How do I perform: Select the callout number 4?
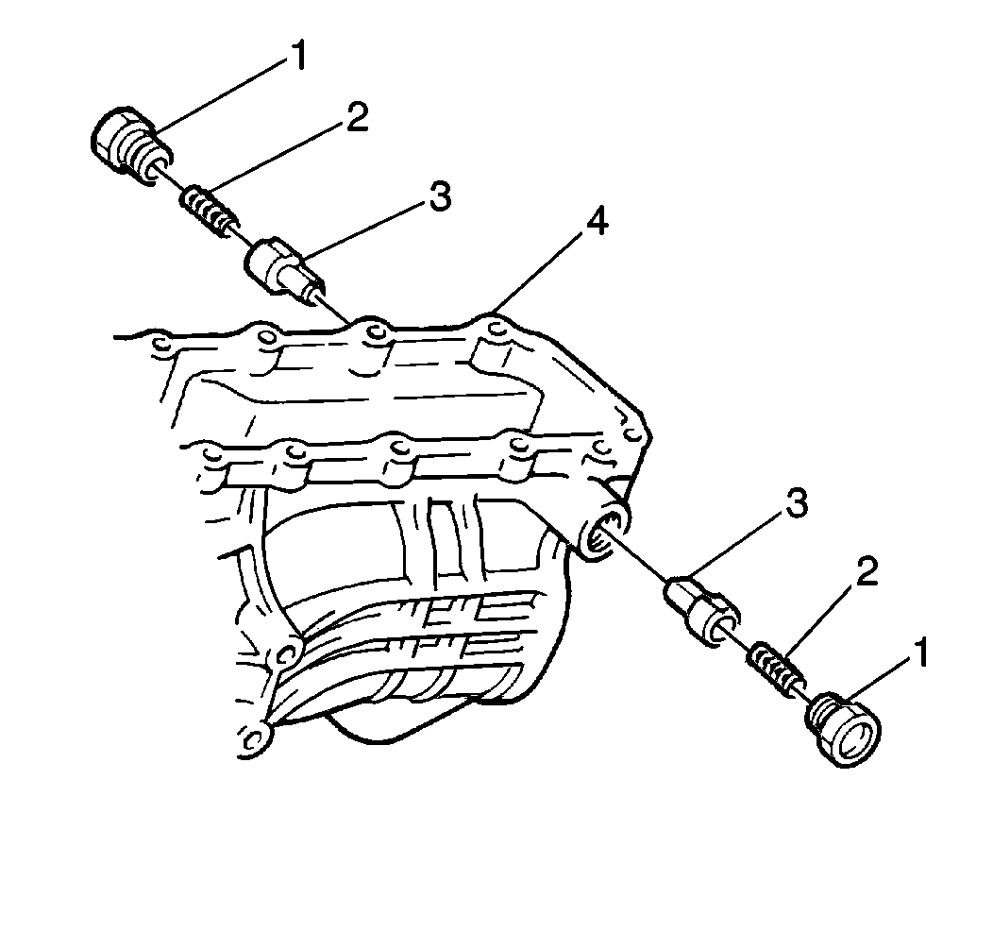(x=597, y=222)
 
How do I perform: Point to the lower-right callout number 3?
(x=796, y=503)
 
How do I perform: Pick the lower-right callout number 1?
(x=919, y=652)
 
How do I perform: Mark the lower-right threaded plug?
(x=843, y=731)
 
